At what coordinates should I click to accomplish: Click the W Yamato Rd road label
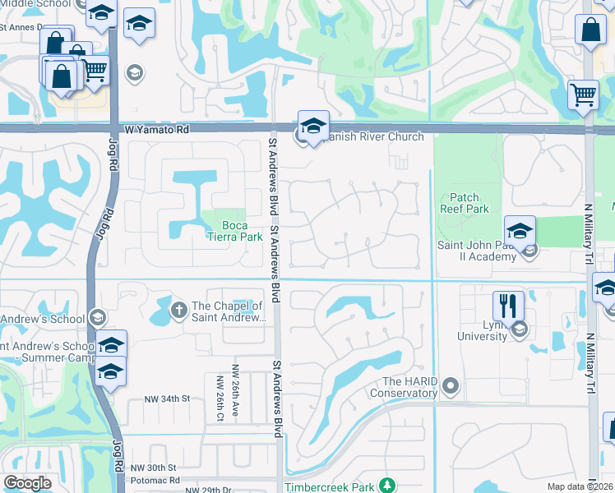point(157,130)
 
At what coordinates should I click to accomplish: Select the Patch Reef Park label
point(469,203)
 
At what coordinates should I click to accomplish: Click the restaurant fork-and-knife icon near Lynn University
point(508,306)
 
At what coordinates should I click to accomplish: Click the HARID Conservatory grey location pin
point(450,385)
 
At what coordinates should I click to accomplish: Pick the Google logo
point(27,483)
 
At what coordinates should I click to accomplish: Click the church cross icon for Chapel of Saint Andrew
point(178,311)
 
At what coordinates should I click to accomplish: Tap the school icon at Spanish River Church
point(313,125)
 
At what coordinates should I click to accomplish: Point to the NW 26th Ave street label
point(235,383)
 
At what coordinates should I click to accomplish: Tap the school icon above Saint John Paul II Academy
point(520,230)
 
